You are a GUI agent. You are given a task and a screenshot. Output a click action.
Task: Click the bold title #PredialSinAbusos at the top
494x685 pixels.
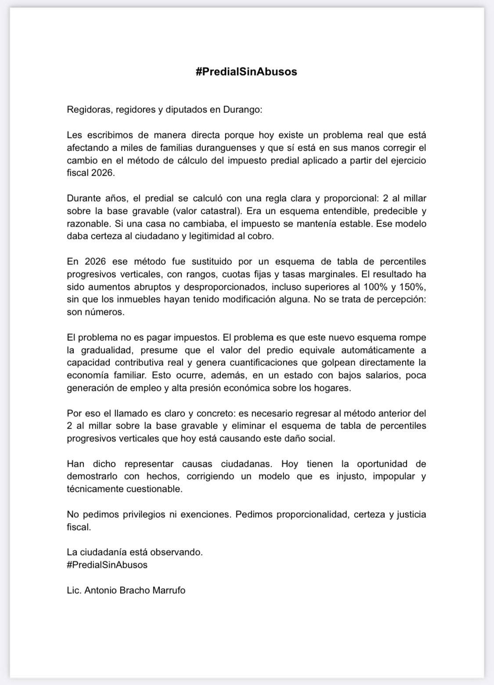coord(246,72)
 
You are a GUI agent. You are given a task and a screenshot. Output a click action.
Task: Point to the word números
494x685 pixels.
coord(95,313)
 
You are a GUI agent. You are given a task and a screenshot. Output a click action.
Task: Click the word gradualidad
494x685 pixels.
coord(112,350)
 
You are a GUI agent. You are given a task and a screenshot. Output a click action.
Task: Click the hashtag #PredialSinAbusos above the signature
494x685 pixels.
coord(107,565)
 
